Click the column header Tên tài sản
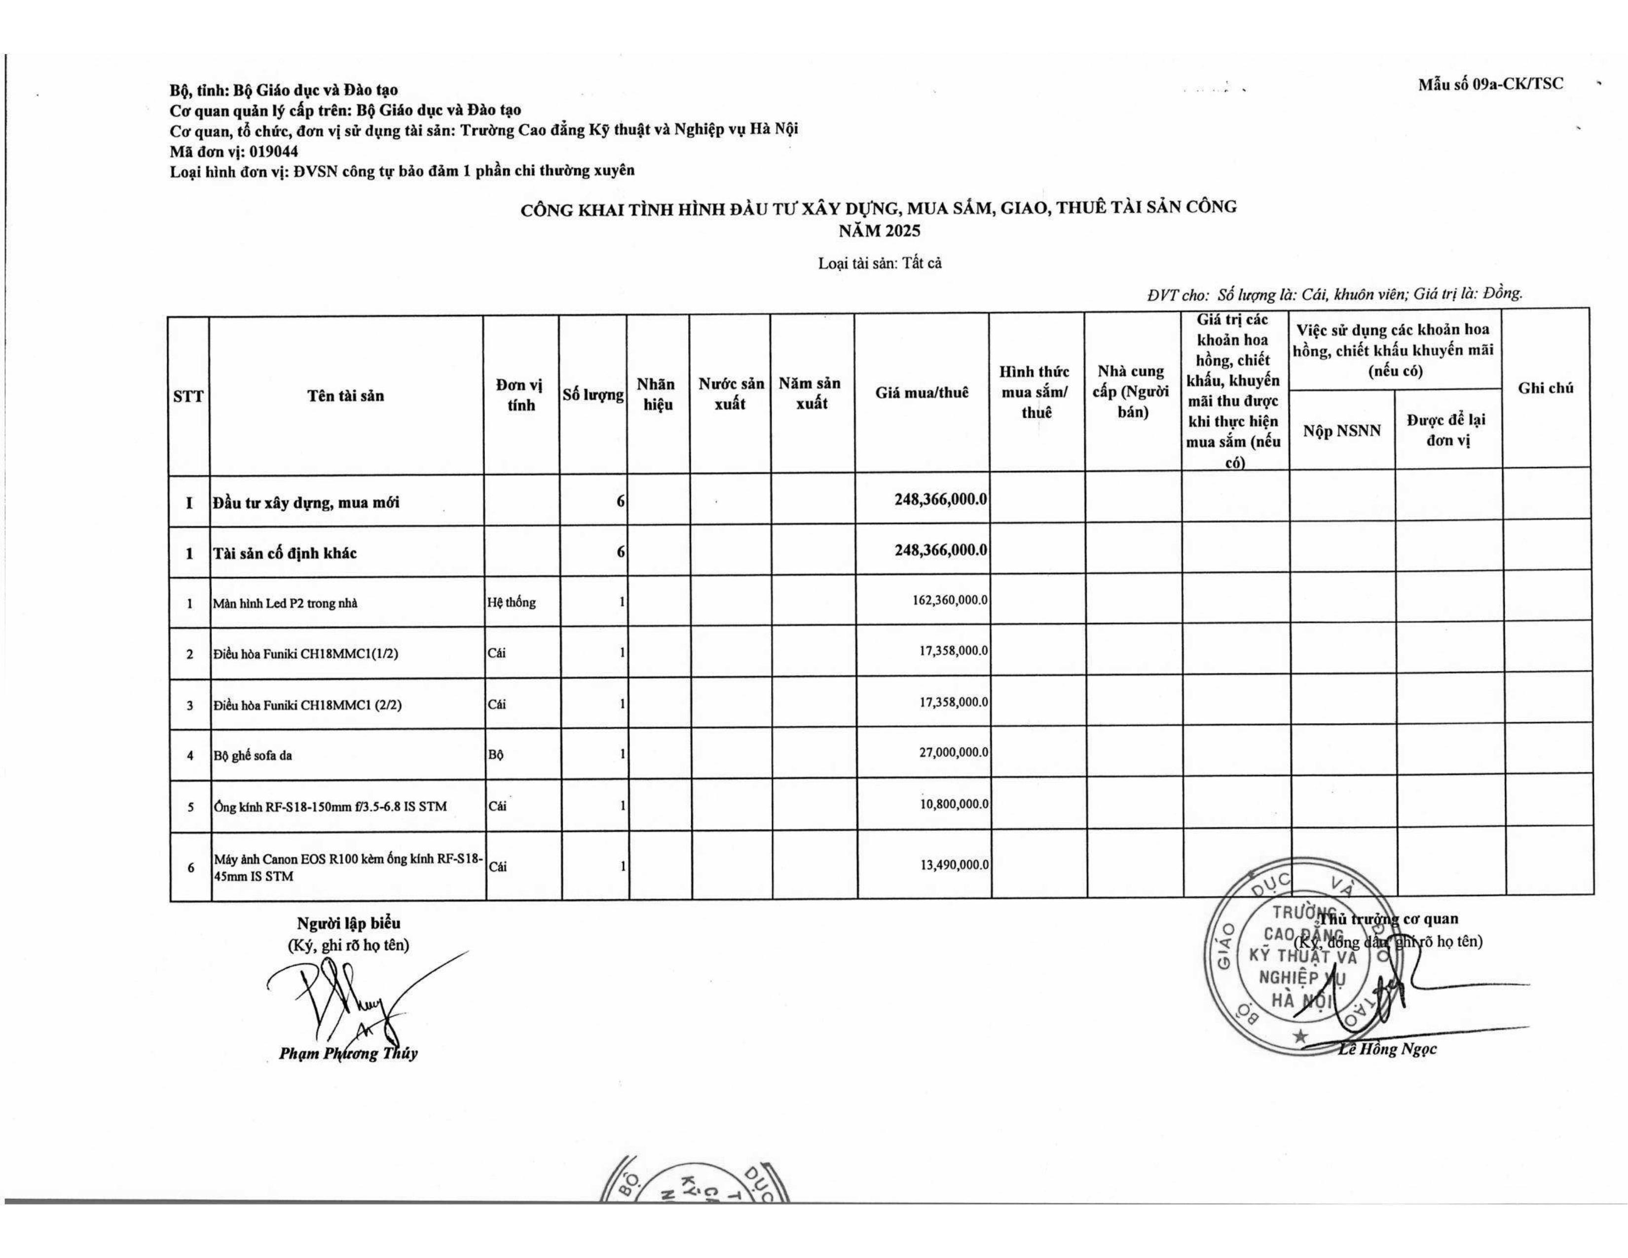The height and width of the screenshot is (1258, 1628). [x=346, y=396]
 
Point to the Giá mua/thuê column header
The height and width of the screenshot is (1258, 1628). [x=922, y=393]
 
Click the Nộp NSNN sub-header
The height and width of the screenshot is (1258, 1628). [x=1342, y=431]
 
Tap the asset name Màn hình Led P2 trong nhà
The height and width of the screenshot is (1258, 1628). [x=285, y=603]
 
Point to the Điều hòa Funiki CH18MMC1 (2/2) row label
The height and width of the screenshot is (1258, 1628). [x=307, y=705]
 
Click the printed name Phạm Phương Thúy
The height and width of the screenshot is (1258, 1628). [x=348, y=1054]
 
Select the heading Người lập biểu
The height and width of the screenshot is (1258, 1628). [x=348, y=924]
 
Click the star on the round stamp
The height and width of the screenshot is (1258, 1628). [x=1301, y=1036]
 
